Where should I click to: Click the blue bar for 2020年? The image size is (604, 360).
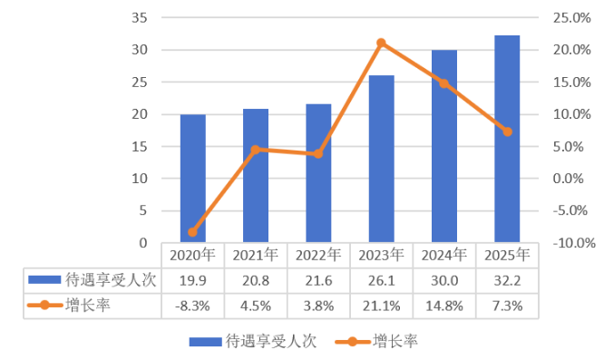[193, 179]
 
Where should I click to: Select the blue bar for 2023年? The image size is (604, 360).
[381, 159]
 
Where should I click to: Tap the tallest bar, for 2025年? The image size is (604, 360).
[507, 139]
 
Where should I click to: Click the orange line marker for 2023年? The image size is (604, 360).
[381, 43]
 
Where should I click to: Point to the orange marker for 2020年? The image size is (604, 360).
[192, 232]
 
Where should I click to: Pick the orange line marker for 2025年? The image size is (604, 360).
[507, 131]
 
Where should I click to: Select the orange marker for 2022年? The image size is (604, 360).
[318, 154]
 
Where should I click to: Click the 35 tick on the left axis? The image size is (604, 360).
[140, 18]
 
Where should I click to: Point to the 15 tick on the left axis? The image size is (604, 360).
[140, 147]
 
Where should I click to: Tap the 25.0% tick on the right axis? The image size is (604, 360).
[571, 18]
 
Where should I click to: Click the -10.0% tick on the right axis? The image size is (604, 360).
[574, 243]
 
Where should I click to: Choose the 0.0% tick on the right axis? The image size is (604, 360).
[568, 179]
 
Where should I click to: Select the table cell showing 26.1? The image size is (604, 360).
[381, 281]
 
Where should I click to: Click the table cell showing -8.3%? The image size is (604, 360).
[192, 306]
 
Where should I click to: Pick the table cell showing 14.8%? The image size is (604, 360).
[444, 306]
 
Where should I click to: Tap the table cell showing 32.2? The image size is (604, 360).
[507, 281]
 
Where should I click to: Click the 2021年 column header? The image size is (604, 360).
[256, 255]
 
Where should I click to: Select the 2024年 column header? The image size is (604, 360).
[444, 255]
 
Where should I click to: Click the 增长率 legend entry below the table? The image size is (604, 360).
[376, 341]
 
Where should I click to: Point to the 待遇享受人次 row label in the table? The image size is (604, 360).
[93, 280]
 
